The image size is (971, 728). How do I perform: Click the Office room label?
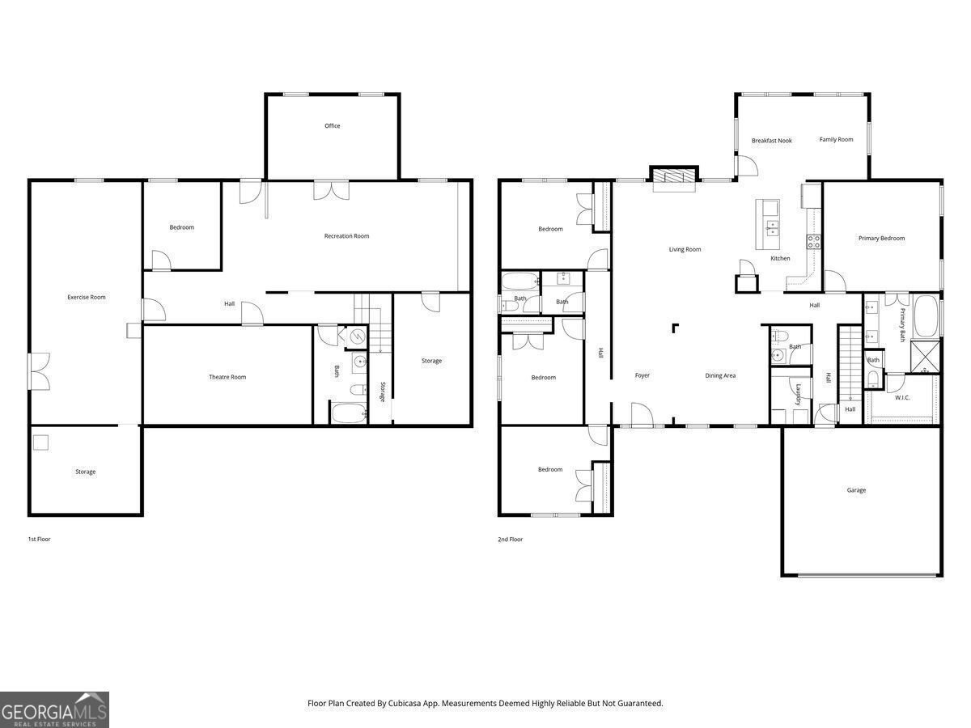click(x=332, y=126)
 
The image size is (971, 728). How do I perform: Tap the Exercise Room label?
click(x=87, y=298)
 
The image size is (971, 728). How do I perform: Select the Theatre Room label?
click(x=227, y=377)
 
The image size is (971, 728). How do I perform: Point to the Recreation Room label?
click(x=346, y=236)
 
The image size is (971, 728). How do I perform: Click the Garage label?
click(x=856, y=490)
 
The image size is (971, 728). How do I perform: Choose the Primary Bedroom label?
click(x=881, y=239)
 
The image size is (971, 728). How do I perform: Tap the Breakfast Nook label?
click(x=771, y=141)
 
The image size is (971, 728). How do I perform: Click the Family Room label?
click(x=836, y=140)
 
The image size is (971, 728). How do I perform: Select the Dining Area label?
click(x=720, y=375)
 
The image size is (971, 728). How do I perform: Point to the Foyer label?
click(x=642, y=375)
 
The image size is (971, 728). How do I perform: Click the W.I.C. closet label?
click(x=903, y=397)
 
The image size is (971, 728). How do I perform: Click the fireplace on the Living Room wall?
click(x=673, y=177)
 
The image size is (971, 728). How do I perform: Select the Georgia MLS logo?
click(x=54, y=709)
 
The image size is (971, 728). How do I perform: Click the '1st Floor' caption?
click(x=39, y=539)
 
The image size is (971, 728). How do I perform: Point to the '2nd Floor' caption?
click(x=510, y=539)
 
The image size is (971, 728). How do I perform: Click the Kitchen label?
click(x=780, y=259)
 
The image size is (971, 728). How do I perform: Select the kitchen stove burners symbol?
click(x=813, y=239)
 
